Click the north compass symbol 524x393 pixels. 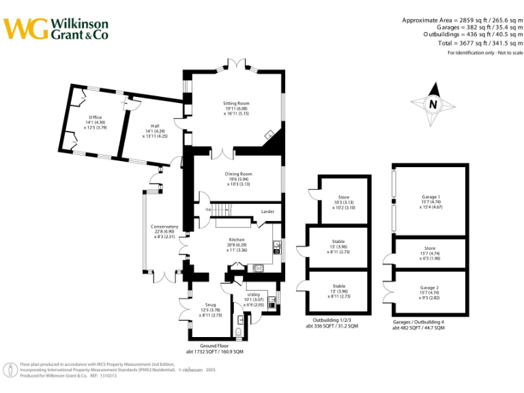pos(432,104)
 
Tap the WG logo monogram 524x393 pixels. pos(26,29)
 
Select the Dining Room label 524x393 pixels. pos(238,174)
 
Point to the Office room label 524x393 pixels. pos(95,117)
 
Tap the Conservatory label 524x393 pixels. pos(164,227)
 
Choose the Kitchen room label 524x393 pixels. pos(236,240)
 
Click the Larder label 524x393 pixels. pos(267,212)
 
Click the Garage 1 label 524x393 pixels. pos(431,196)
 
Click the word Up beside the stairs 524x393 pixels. pos(208,209)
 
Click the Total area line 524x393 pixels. pos(480,43)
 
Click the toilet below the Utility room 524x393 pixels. pos(237,332)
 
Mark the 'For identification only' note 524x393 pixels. pos(485,53)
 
